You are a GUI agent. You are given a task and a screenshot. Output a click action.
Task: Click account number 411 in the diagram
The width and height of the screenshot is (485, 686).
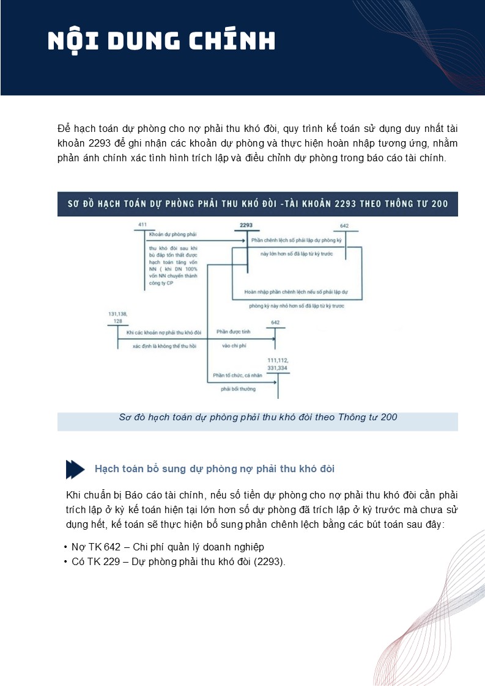click(x=143, y=225)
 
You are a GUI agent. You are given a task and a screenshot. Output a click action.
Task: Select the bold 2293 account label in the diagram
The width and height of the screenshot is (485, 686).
click(x=246, y=225)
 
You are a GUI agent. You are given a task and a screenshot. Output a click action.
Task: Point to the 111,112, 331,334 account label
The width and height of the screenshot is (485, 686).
click(x=278, y=365)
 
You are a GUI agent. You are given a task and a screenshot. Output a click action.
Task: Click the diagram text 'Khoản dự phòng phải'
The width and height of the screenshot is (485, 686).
click(x=173, y=234)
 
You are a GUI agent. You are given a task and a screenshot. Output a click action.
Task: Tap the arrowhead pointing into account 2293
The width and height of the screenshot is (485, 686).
click(x=243, y=241)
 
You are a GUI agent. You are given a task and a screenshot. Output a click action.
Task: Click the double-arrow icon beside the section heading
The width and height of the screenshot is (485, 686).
click(x=75, y=469)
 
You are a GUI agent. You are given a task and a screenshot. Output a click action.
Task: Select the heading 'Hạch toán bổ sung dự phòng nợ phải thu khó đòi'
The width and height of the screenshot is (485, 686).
click(x=214, y=469)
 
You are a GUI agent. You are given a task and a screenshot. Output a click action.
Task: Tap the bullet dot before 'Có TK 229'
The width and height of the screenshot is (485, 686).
click(x=65, y=561)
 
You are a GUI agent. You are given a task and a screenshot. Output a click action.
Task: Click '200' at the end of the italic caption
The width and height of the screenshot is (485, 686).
click(x=389, y=418)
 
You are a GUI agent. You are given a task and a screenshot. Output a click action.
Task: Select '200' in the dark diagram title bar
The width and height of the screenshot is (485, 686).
click(x=439, y=204)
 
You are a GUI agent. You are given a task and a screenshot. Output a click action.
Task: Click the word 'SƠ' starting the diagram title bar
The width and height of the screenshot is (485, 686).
click(x=73, y=204)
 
